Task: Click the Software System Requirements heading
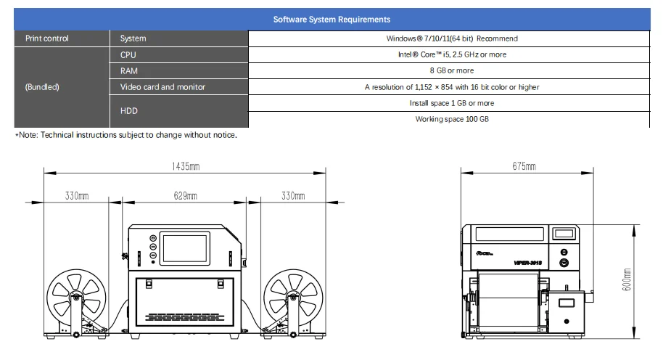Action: point(331,20)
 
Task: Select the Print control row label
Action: point(47,38)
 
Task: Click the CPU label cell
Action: point(128,54)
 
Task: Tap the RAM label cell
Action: point(129,70)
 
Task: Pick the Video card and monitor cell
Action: point(163,86)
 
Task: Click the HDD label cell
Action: point(128,110)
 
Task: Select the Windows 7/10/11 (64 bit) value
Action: point(452,38)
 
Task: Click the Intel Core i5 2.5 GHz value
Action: point(452,54)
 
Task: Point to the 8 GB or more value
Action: point(452,70)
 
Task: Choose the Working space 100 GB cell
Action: point(452,118)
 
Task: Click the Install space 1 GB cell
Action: point(452,103)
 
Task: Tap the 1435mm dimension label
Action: point(186,167)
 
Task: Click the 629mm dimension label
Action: point(186,196)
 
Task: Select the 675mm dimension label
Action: point(524,167)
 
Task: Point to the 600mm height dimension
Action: point(627,280)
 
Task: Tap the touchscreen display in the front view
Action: point(185,249)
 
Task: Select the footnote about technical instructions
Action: point(126,135)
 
